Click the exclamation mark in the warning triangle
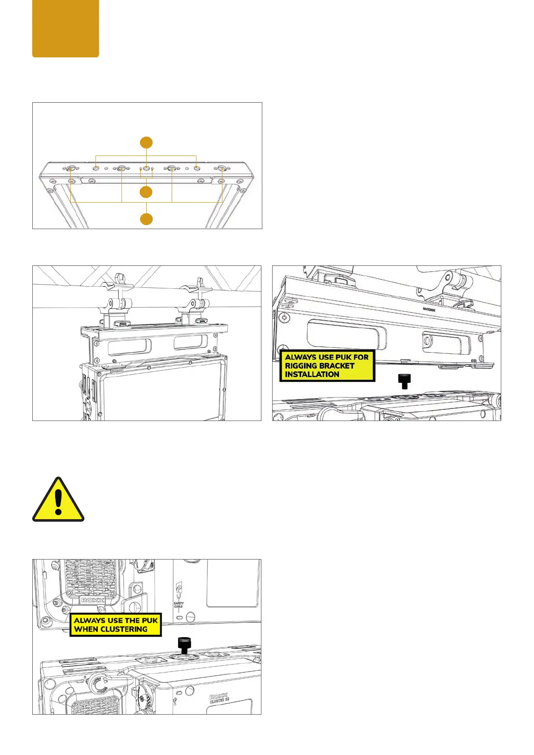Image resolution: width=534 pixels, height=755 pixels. [58, 501]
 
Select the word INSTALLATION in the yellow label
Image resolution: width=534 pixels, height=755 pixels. [312, 374]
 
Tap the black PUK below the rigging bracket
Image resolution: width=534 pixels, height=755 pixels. [404, 382]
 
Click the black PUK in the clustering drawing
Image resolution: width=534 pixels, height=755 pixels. [183, 645]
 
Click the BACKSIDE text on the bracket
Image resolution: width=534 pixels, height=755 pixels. [429, 309]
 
